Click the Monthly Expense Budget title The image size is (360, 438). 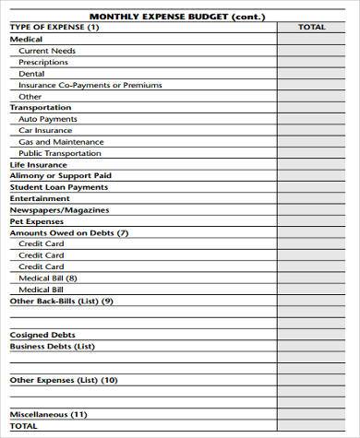[x=179, y=16]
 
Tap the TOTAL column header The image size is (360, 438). [x=312, y=28]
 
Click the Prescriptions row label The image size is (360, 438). [x=43, y=62]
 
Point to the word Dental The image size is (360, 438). [x=31, y=73]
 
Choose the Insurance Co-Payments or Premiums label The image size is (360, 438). [x=90, y=85]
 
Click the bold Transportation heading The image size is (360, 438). [x=40, y=107]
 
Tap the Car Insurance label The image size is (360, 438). [x=46, y=130]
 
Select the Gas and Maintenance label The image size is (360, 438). [x=61, y=141]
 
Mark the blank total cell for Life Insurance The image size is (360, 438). [x=312, y=164]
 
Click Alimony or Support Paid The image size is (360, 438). [x=60, y=175]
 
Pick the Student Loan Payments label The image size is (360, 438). [x=58, y=187]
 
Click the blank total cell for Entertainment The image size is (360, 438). [x=312, y=198]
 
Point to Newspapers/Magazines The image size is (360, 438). [x=59, y=209]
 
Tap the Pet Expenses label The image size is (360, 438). [x=37, y=221]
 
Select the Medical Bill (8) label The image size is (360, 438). [x=48, y=278]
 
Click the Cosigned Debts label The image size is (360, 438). [x=42, y=335]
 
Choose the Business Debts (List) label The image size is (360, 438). [x=52, y=346]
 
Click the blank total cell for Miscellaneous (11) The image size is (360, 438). [x=312, y=415]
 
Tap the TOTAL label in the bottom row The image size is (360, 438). [x=24, y=426]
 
